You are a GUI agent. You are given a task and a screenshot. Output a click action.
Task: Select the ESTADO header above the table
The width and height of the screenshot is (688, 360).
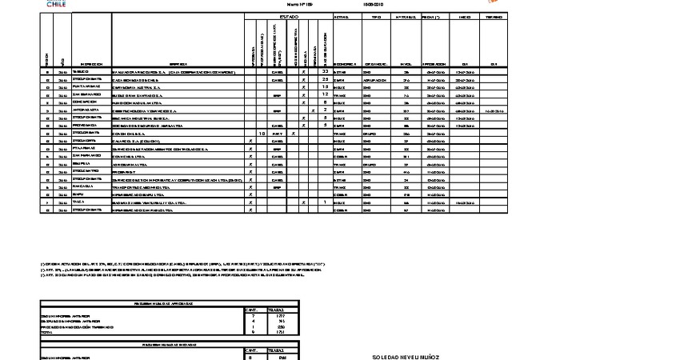click(288, 16)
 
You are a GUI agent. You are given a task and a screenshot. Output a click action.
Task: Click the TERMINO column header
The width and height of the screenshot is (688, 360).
click(494, 16)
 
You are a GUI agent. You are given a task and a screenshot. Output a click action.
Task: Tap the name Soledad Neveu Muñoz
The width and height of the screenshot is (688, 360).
click(406, 357)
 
